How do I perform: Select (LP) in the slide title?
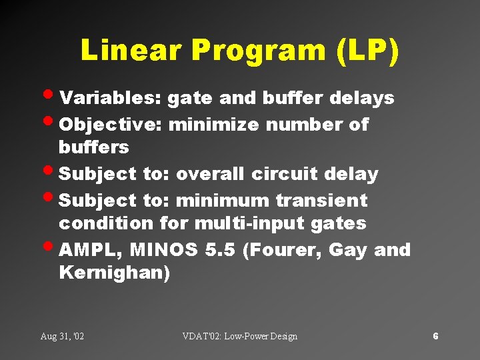[x=368, y=51]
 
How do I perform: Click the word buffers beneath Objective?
[x=93, y=147]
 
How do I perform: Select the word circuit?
[x=285, y=175]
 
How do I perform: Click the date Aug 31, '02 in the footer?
[x=62, y=336]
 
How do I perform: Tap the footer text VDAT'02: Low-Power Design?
[x=239, y=336]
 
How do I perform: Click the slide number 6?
[x=435, y=336]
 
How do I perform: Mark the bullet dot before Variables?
[x=51, y=97]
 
